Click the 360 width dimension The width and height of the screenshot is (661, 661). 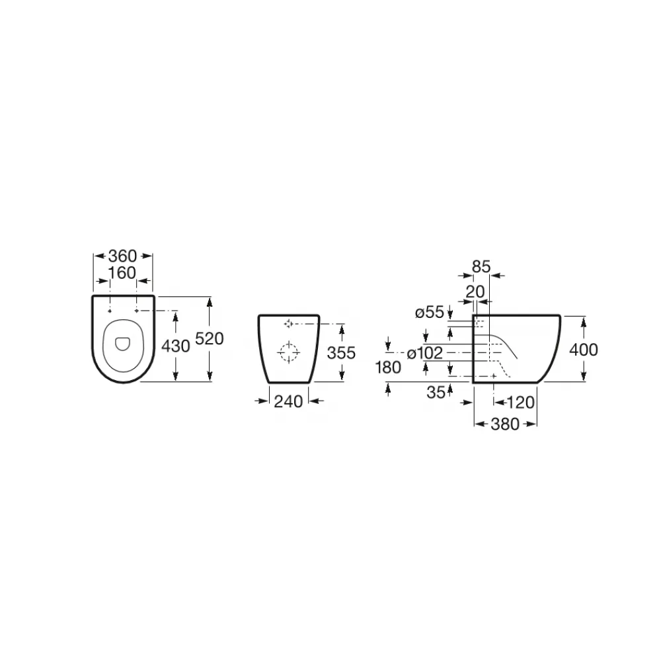[123, 256]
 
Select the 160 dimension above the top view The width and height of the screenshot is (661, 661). [122, 273]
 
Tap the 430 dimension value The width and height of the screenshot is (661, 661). [176, 346]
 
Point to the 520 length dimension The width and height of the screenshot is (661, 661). [210, 338]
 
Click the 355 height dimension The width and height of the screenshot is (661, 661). [342, 352]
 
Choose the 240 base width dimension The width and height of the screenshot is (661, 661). [288, 401]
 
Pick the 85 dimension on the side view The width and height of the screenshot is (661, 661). [481, 266]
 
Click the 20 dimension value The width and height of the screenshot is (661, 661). [475, 292]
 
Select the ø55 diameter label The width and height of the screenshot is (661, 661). [430, 313]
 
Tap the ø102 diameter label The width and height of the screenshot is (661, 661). [425, 353]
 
